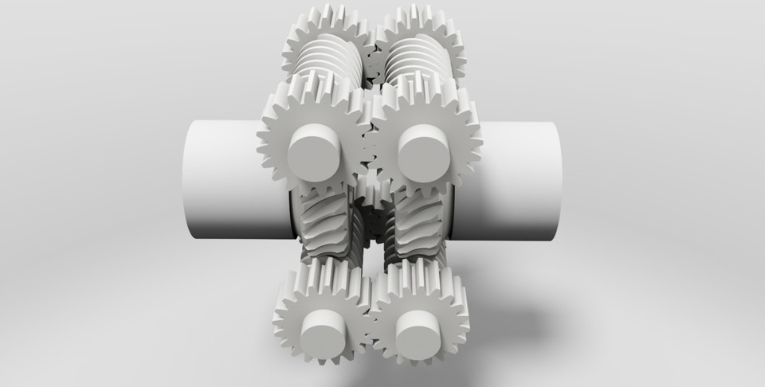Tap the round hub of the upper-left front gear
(x=314, y=154)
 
